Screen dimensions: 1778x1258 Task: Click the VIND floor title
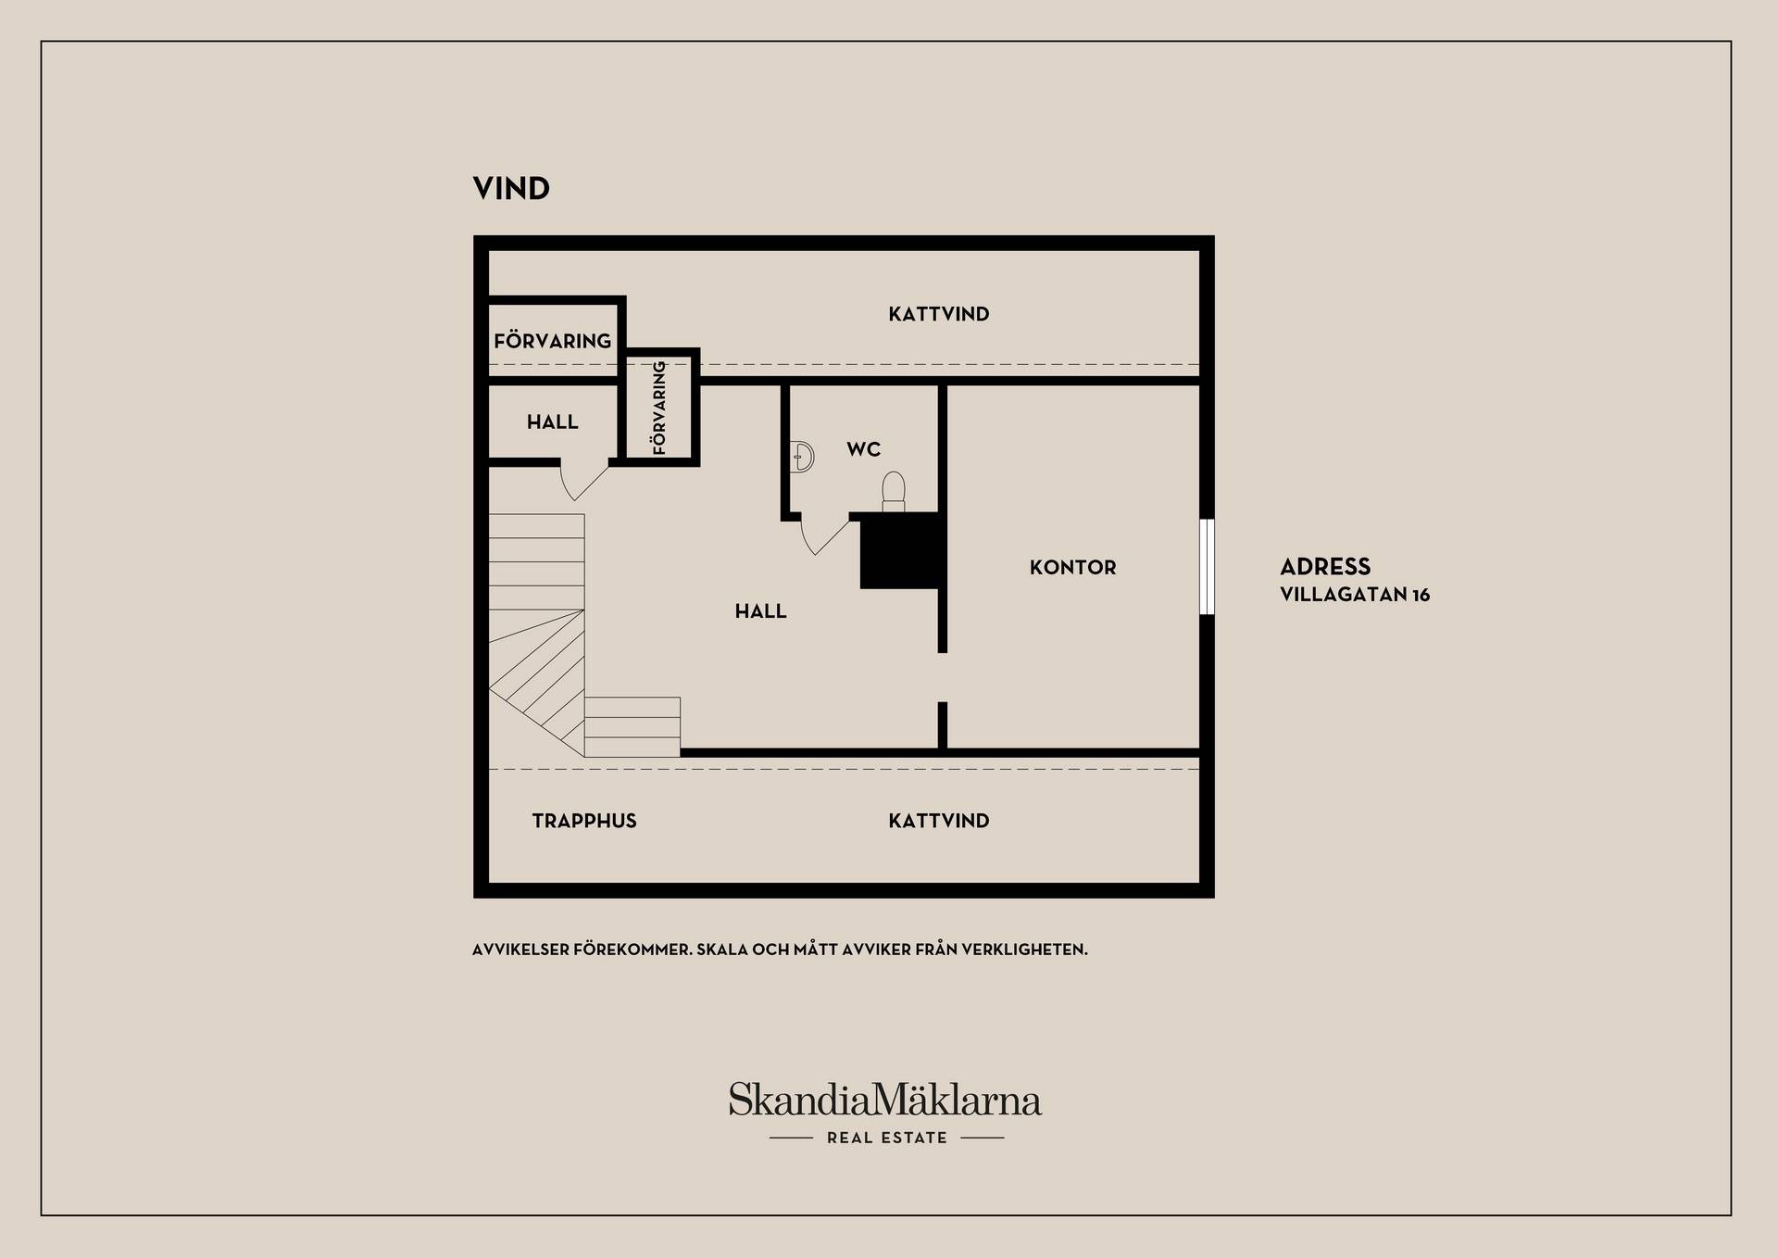coord(511,188)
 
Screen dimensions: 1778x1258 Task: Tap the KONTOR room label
coord(1072,567)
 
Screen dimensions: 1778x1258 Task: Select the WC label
coord(863,449)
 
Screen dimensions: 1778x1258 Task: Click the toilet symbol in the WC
coord(893,491)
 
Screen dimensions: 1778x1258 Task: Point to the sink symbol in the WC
coord(803,458)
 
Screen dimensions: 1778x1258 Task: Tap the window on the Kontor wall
coord(1207,567)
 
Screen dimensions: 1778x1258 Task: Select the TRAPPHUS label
coord(584,821)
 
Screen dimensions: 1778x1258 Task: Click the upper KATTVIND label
coord(939,314)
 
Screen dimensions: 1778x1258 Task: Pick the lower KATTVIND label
coord(939,821)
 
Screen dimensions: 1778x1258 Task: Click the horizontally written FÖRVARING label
coord(552,341)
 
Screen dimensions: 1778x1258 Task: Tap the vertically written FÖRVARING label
coord(659,408)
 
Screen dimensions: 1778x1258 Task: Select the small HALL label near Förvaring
coord(552,422)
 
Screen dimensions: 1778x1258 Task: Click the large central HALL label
coord(760,611)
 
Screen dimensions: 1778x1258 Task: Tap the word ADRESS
coord(1325,567)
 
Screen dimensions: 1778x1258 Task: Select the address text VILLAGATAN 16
coord(1355,595)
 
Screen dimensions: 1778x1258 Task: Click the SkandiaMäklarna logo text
coord(885,1100)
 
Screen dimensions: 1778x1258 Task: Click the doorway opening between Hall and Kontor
coord(943,677)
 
